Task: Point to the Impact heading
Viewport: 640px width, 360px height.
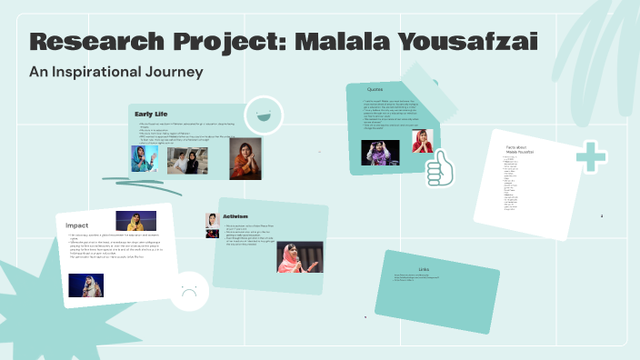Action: (77, 225)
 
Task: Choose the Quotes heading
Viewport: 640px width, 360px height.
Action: (375, 89)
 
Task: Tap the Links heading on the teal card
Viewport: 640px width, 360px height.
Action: (423, 269)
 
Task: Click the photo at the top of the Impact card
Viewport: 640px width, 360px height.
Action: (135, 221)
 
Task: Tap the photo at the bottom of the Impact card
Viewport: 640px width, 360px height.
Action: (85, 285)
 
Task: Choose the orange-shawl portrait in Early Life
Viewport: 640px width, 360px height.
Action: (245, 158)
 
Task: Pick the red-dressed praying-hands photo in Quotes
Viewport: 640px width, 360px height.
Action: (423, 140)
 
